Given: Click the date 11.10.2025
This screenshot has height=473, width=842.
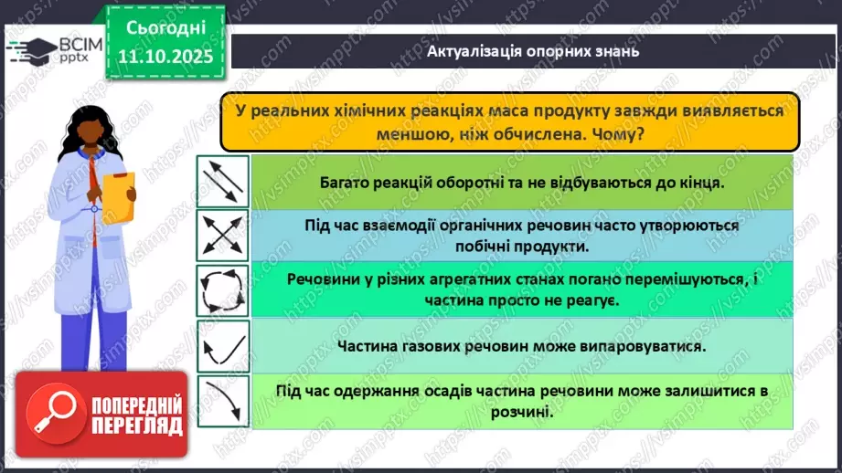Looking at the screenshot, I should click(165, 57).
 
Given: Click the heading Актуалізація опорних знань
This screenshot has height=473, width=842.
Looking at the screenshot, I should click(533, 51).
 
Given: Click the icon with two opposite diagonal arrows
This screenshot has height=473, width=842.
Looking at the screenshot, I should click(222, 182).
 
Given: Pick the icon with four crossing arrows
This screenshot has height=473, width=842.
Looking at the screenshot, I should click(222, 235).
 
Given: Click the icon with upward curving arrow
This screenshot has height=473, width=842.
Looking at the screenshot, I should click(222, 347).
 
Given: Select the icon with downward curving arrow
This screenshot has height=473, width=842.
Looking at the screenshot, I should click(222, 402).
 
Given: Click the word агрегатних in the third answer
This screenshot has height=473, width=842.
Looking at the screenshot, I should click(476, 280).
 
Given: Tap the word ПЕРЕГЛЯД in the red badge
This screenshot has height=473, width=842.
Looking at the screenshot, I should click(136, 426).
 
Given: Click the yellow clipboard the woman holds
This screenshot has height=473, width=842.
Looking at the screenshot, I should click(117, 198).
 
